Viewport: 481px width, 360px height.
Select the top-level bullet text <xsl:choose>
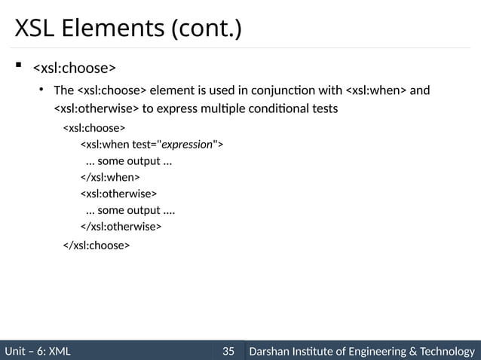(73, 69)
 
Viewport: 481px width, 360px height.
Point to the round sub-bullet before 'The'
(44, 91)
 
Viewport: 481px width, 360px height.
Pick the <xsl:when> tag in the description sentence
(375, 91)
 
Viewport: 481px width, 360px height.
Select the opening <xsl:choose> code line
(93, 128)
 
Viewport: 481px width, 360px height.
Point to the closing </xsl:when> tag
(110, 177)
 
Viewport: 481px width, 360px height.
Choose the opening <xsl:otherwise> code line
(119, 194)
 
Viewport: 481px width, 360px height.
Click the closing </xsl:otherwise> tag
(121, 226)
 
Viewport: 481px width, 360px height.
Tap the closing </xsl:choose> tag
(96, 246)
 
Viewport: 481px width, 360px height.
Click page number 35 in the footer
(228, 351)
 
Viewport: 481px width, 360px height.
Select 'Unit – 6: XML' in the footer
(38, 351)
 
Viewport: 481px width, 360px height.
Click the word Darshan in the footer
(271, 351)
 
